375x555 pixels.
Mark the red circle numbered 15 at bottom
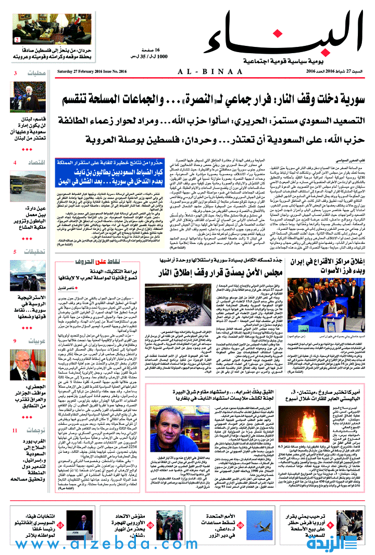60,526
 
